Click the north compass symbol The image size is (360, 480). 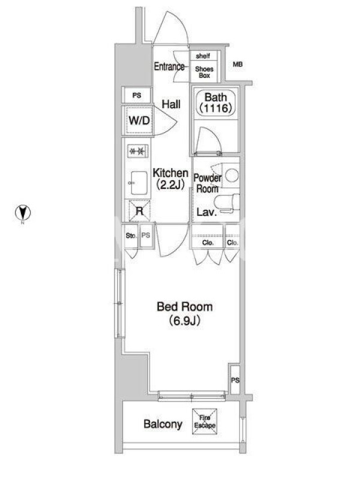pyautogui.click(x=23, y=213)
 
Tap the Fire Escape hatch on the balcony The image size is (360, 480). pyautogui.click(x=205, y=421)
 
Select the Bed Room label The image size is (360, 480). pyautogui.click(x=185, y=307)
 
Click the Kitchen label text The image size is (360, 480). pyautogui.click(x=170, y=173)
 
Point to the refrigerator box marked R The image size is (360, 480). pyautogui.click(x=139, y=211)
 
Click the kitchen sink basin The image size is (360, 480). pyautogui.click(x=139, y=183)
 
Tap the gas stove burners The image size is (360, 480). pyautogui.click(x=137, y=151)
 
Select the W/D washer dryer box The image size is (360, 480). pyautogui.click(x=139, y=121)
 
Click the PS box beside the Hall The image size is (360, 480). pyautogui.click(x=137, y=95)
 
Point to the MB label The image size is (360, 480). pyautogui.click(x=238, y=65)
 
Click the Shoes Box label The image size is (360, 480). pyautogui.click(x=204, y=72)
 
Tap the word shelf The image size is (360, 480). pyautogui.click(x=203, y=56)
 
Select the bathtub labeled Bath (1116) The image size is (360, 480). pyautogui.click(x=216, y=103)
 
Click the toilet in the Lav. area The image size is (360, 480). pyautogui.click(x=227, y=203)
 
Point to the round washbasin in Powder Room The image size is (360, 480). pyautogui.click(x=232, y=176)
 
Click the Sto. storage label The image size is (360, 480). pyautogui.click(x=131, y=236)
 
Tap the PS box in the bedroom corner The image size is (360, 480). pyautogui.click(x=235, y=380)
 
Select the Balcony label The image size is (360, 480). pyautogui.click(x=163, y=424)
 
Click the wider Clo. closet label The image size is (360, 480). pyautogui.click(x=208, y=243)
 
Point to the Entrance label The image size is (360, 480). pyautogui.click(x=169, y=67)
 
